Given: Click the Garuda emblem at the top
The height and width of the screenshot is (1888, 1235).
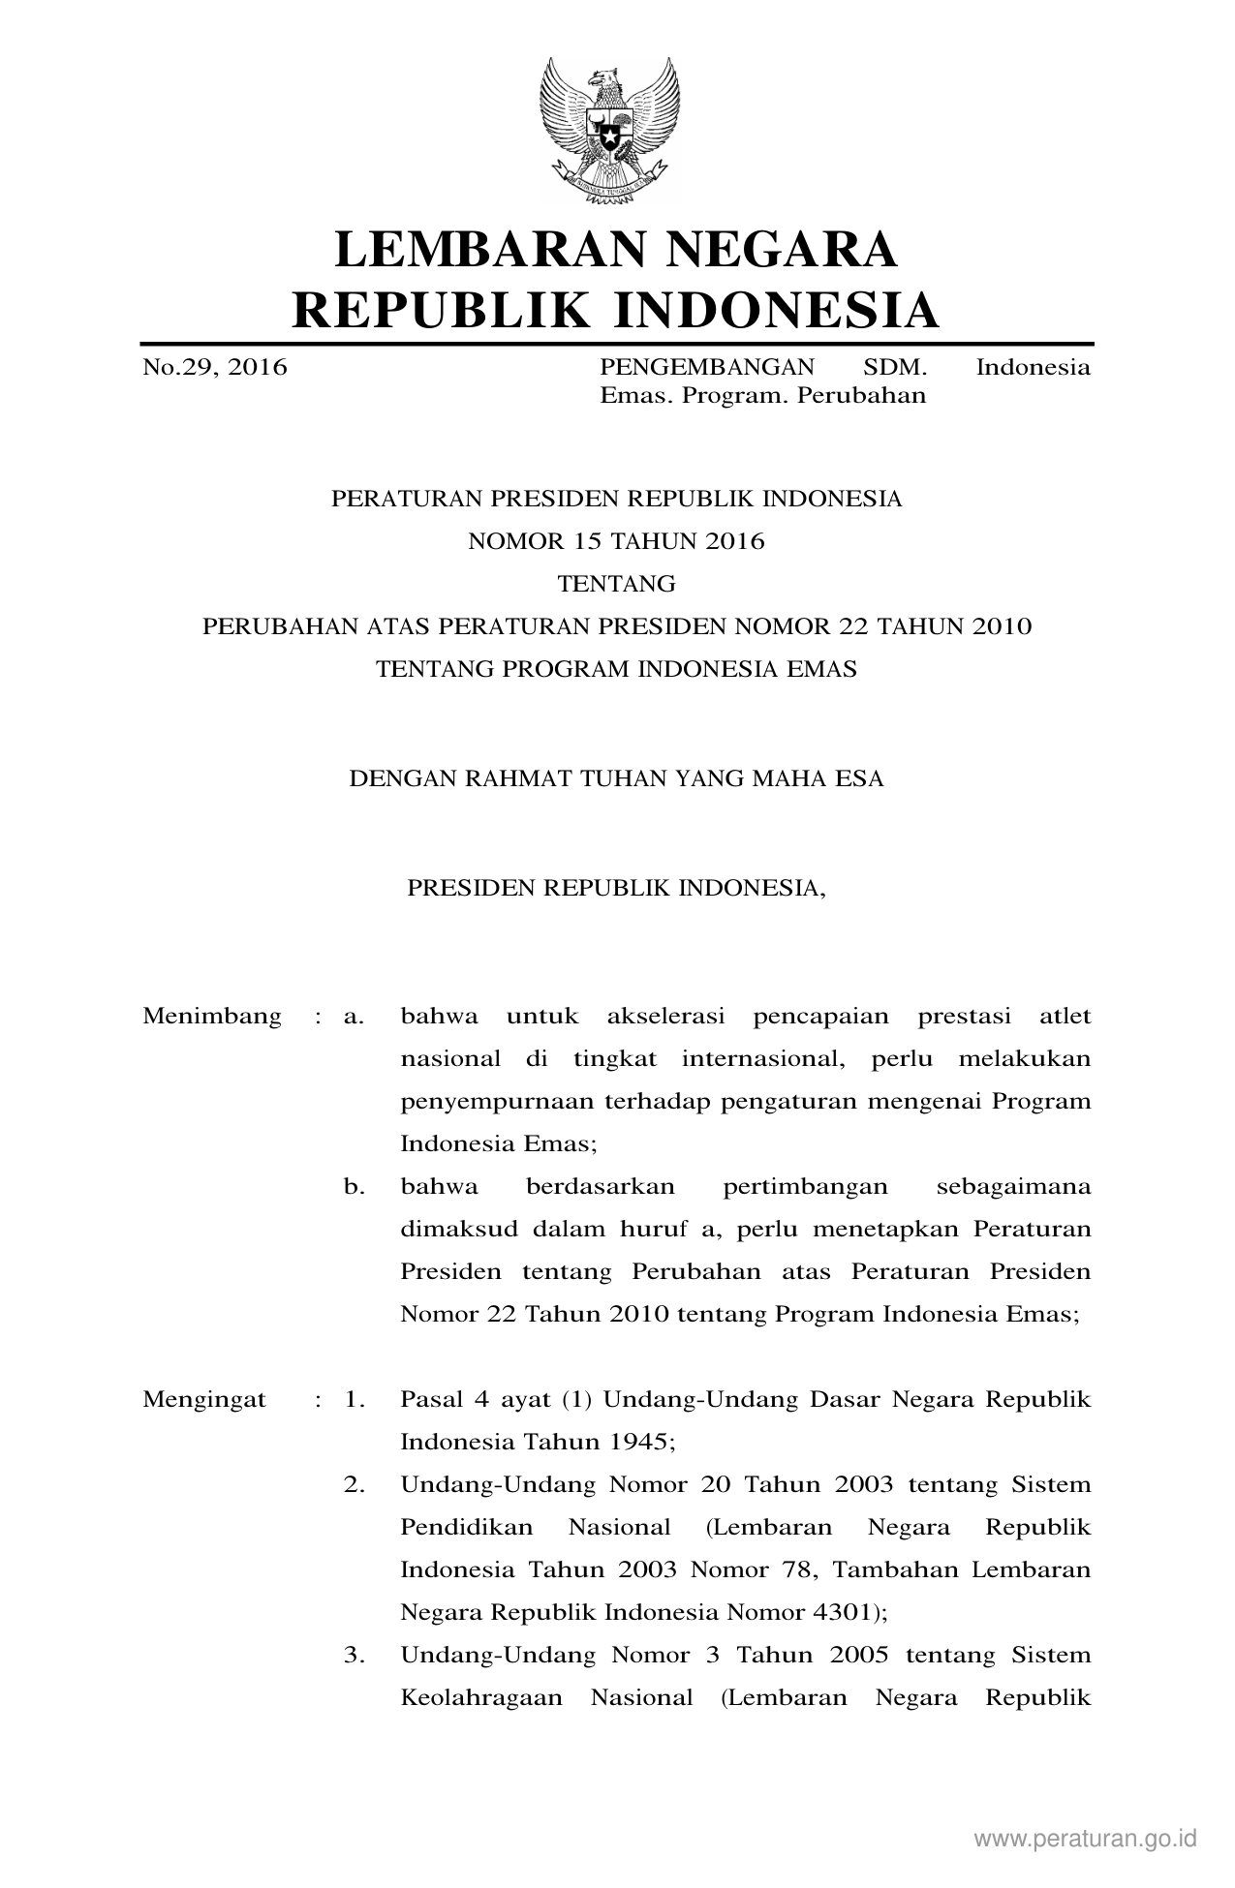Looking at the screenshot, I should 609,130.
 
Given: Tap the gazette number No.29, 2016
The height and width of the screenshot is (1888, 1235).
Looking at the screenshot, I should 215,368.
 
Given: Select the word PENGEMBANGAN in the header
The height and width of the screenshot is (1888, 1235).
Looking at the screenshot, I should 707,368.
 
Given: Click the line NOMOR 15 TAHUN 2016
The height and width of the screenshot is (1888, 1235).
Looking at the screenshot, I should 616,542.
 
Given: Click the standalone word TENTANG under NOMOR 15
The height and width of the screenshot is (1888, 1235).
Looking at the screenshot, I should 616,585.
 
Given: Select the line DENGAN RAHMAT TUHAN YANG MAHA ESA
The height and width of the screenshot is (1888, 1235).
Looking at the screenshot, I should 616,779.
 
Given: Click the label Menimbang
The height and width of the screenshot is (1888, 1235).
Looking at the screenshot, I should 212,1017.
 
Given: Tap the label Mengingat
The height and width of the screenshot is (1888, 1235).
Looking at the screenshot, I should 204,1400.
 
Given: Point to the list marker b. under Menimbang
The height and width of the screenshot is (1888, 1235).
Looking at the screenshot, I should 354,1187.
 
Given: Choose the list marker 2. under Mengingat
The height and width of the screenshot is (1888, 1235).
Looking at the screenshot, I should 354,1485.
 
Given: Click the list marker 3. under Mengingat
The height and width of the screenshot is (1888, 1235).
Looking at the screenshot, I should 354,1656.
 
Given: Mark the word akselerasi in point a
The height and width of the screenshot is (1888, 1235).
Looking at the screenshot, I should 665,1017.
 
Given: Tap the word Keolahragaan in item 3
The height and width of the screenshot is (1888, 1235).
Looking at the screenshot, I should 481,1698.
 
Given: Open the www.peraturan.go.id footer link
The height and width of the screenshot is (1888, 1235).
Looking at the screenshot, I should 1086,1839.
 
